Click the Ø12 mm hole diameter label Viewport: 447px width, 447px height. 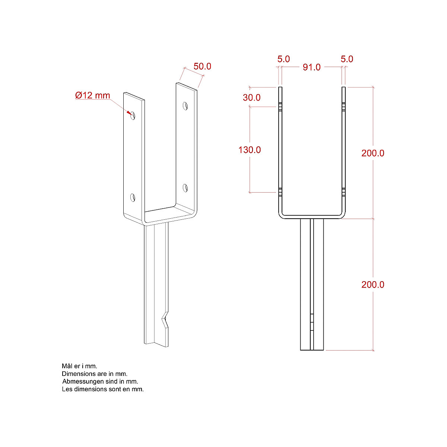click(93, 95)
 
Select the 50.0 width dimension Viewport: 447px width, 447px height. click(202, 66)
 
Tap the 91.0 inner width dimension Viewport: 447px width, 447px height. click(311, 67)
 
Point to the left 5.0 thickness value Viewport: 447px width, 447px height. click(283, 59)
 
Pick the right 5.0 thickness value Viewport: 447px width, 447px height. click(347, 59)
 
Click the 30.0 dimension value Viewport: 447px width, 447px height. click(252, 98)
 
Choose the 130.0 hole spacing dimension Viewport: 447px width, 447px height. click(250, 150)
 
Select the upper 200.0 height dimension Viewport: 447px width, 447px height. click(372, 153)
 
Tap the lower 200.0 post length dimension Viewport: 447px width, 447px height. click(372, 285)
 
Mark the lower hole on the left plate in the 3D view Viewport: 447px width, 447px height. click(132, 197)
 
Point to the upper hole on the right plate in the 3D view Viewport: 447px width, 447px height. click(185, 106)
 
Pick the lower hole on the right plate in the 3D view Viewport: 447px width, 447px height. click(185, 188)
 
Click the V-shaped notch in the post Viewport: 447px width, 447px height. click(165, 320)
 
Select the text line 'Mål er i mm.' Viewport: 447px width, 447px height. click(79, 366)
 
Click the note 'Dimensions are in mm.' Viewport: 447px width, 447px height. click(95, 374)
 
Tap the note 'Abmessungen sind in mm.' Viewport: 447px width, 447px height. click(100, 381)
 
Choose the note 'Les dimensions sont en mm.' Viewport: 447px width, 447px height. click(103, 389)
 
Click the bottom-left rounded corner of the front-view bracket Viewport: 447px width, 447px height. click(281, 215)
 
